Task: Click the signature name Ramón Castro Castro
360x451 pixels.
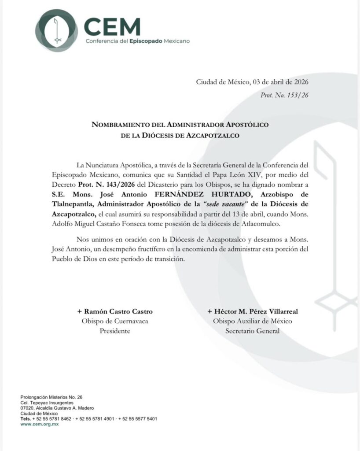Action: (x=115, y=311)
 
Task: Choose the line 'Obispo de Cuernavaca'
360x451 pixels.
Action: (x=115, y=321)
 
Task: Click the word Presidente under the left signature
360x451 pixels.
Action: (x=115, y=331)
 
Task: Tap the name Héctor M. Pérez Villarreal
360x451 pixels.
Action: (x=252, y=311)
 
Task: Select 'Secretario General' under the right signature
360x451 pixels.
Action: (x=252, y=331)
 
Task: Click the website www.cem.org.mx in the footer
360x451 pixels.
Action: (x=40, y=424)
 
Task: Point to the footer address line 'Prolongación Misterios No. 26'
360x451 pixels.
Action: (x=51, y=397)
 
